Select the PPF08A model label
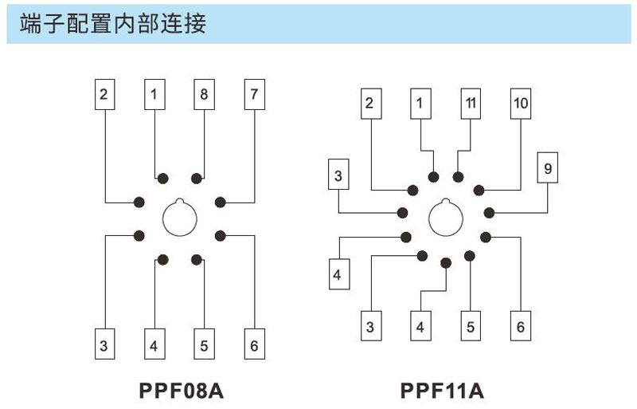pos(179,391)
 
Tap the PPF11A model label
pos(442,391)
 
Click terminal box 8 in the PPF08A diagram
pos(204,95)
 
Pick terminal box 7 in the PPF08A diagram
pos(254,95)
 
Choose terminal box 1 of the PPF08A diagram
pos(154,95)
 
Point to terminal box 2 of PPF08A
pos(104,95)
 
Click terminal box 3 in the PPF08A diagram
pos(104,345)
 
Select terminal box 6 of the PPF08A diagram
pos(254,345)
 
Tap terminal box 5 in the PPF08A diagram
pos(204,345)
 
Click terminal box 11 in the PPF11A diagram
pos(470,104)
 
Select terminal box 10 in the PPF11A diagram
pos(520,104)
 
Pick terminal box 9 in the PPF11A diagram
pos(547,169)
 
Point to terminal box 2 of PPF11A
pos(369,104)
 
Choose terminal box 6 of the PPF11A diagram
pos(520,326)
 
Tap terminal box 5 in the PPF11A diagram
pos(470,326)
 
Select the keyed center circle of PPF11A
pos(445,218)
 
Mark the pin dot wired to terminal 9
pos(489,212)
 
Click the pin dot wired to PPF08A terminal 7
pos(220,202)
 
